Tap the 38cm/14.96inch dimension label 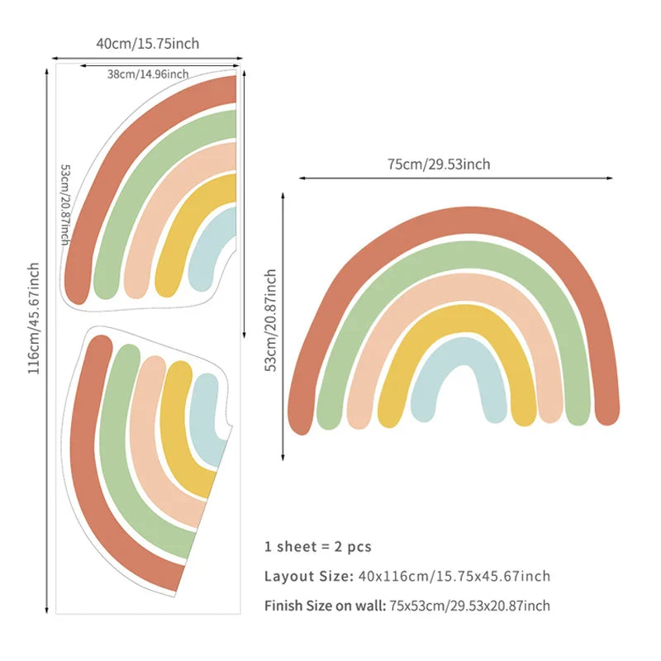(x=148, y=74)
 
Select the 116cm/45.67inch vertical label (x=34, y=318)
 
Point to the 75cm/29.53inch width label (x=439, y=164)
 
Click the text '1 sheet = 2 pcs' (x=318, y=546)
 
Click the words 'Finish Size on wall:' (x=325, y=606)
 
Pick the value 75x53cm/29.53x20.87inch (x=470, y=606)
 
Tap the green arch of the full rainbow (x=454, y=257)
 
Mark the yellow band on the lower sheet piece (x=178, y=430)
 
